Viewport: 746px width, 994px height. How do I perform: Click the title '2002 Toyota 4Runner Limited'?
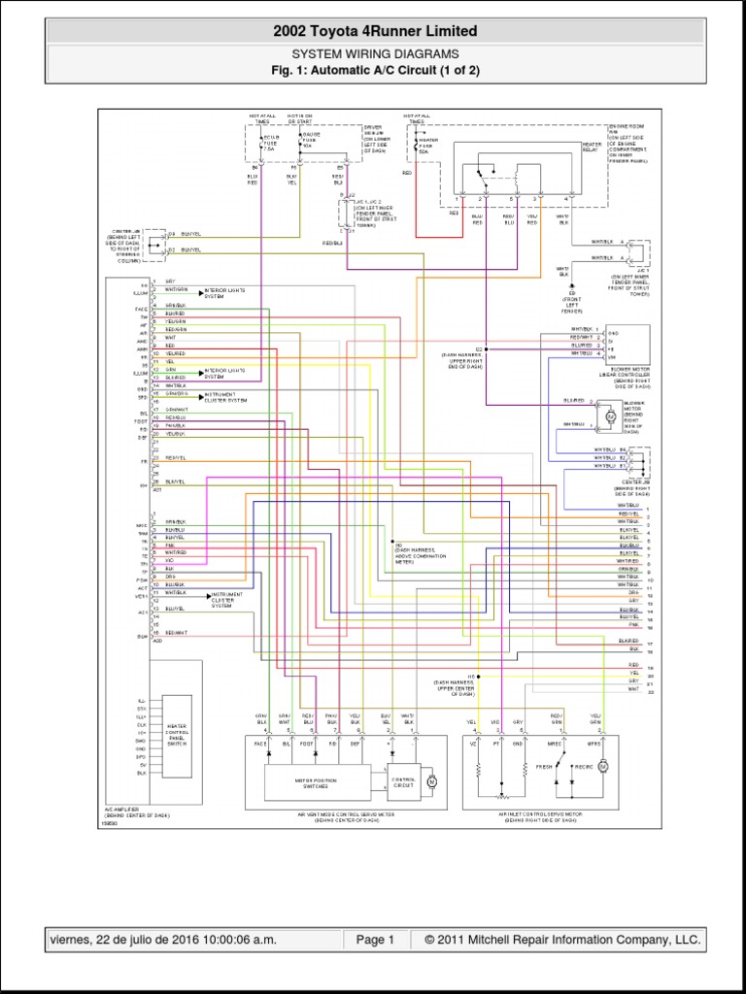376,32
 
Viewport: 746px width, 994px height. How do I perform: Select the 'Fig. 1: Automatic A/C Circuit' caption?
376,71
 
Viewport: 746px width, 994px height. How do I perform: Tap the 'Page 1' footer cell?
374,940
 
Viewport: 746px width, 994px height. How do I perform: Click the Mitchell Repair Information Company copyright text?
555,940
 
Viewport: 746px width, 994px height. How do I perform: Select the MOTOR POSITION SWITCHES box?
317,780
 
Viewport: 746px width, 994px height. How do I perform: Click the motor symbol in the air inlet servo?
602,767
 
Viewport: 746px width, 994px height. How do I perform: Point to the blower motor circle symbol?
610,415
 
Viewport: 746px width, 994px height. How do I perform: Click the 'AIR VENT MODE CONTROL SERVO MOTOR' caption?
338,815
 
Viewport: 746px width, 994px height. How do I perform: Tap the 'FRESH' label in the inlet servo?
544,767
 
